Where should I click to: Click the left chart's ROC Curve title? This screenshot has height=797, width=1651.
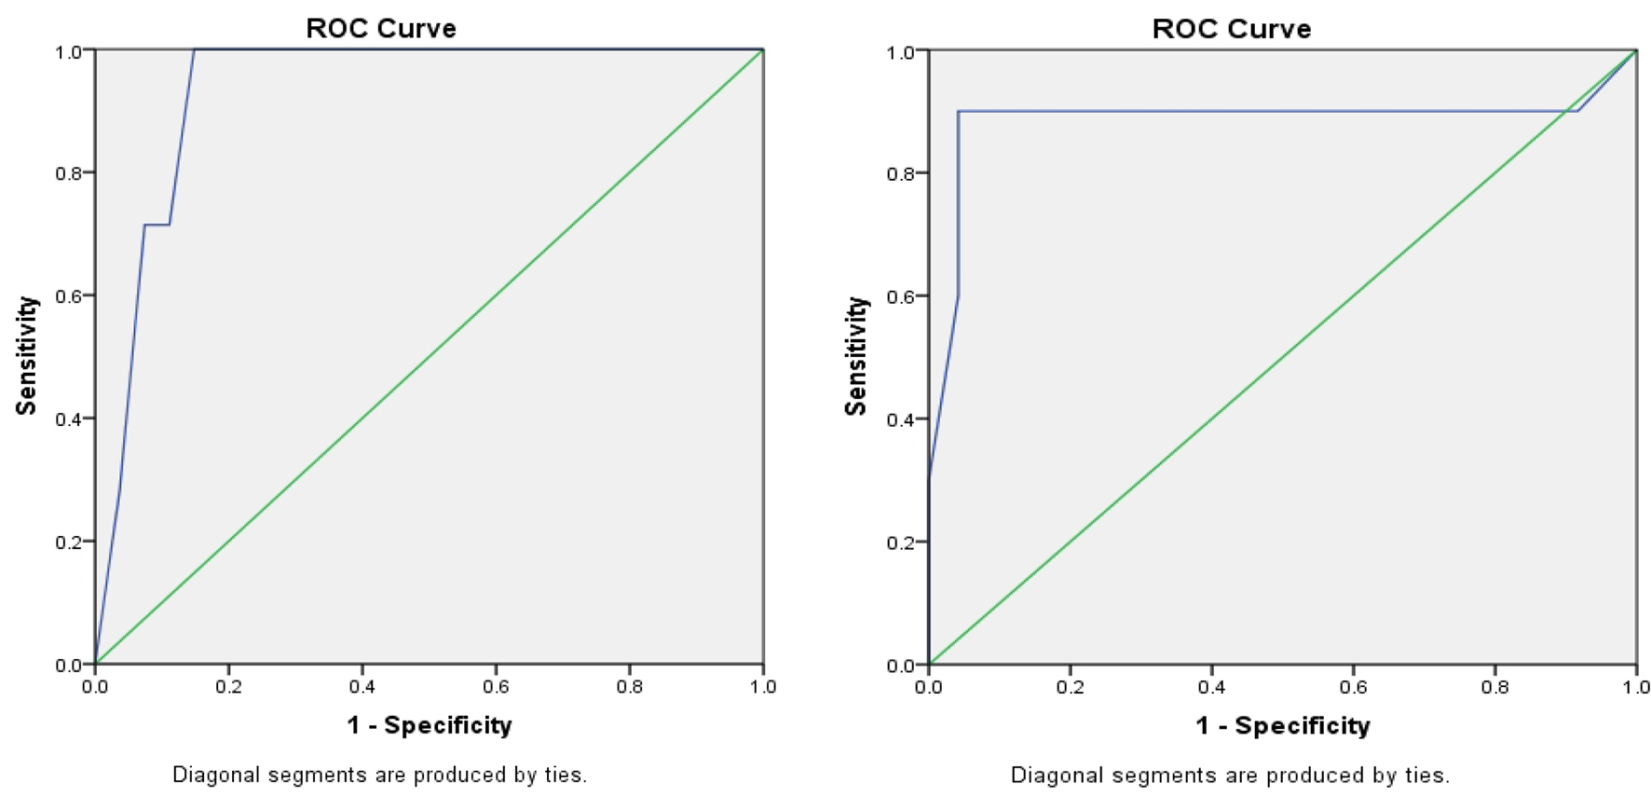381,28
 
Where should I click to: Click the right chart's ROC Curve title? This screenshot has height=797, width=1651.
1231,29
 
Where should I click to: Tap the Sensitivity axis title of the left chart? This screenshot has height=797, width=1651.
26,355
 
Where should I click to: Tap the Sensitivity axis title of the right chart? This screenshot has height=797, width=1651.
855,355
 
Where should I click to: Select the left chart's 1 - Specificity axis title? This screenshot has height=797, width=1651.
429,725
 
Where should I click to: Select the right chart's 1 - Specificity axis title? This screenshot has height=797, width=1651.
1282,726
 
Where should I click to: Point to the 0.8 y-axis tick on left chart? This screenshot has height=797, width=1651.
68,173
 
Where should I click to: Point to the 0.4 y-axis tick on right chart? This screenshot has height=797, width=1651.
899,419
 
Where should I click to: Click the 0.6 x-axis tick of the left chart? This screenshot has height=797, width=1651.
496,687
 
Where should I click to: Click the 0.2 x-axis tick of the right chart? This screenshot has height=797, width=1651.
1070,687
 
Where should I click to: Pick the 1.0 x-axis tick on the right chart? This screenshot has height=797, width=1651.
1635,687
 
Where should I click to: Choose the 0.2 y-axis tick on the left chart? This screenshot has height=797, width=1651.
68,543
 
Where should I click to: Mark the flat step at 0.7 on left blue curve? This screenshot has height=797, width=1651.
157,225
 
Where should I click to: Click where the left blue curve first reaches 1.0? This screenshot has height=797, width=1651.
194,50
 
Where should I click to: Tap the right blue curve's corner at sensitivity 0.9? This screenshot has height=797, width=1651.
958,112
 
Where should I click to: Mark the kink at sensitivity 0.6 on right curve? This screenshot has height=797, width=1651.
958,295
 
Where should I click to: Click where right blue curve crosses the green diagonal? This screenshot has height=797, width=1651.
1565,112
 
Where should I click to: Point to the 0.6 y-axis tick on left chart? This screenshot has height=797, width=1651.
68,296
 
